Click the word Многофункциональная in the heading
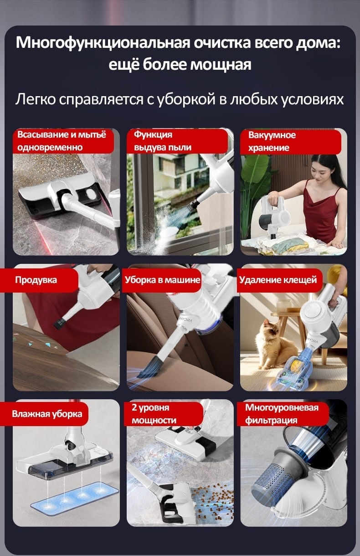(x=103, y=43)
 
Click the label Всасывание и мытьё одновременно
(x=62, y=141)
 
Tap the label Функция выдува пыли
(x=163, y=141)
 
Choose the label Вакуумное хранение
(x=272, y=141)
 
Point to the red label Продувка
(x=36, y=280)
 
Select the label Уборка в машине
(x=162, y=280)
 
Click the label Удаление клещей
(x=278, y=280)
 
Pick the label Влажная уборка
(x=47, y=414)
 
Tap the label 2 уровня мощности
(x=154, y=414)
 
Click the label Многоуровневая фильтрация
(x=282, y=414)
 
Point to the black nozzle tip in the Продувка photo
(x=60, y=323)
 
